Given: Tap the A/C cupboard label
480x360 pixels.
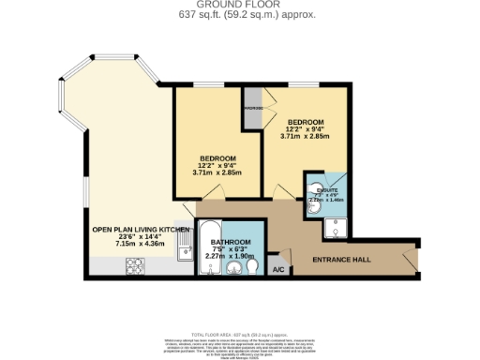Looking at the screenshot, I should pos(277,270).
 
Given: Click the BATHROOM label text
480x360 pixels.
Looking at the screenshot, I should pos(230,244).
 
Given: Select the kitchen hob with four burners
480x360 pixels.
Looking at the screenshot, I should pos(134,265).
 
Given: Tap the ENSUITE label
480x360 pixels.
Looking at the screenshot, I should pos(325,188).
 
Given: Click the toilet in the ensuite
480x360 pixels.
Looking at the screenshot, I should pos(313,201).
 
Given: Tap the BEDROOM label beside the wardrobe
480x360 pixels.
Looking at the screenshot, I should pos(305,123).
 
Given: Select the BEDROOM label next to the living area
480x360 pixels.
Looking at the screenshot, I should pos(217,157).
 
